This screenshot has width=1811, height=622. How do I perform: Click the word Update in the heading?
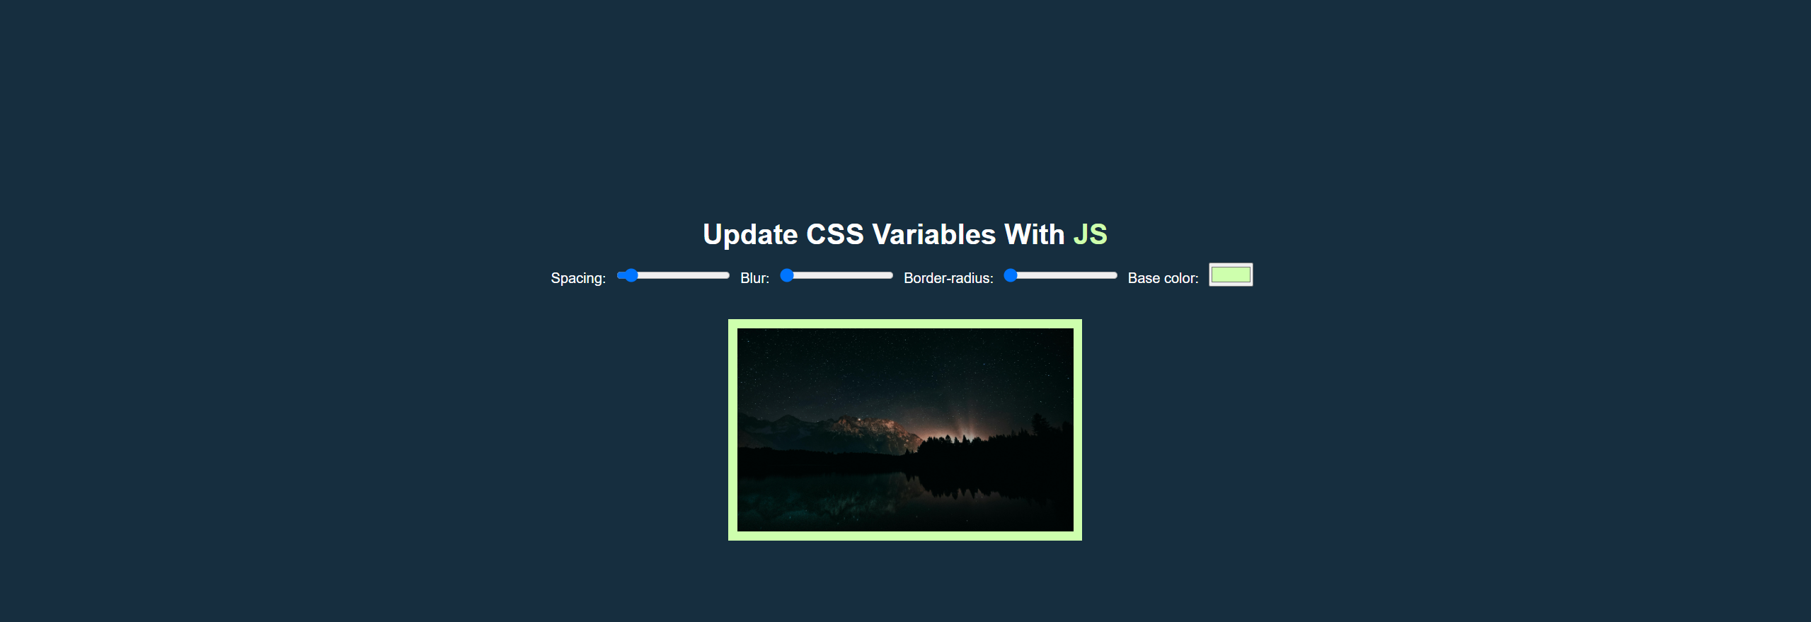click(749, 235)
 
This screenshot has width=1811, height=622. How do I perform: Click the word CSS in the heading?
click(835, 235)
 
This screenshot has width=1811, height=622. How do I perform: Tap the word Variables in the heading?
click(933, 235)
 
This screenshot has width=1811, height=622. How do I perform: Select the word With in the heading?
click(1034, 235)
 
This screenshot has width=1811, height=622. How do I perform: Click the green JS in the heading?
click(1090, 235)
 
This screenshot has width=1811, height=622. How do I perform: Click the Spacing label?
click(578, 278)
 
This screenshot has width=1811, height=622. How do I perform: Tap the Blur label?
click(754, 278)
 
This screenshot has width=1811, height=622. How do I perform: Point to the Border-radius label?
click(948, 278)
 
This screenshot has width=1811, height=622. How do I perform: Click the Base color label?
click(1163, 278)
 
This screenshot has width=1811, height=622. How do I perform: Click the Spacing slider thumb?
click(631, 275)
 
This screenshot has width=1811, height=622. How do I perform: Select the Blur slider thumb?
click(787, 275)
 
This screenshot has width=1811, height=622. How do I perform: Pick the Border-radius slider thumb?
click(1011, 275)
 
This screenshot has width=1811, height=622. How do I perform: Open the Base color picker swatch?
click(1231, 275)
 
